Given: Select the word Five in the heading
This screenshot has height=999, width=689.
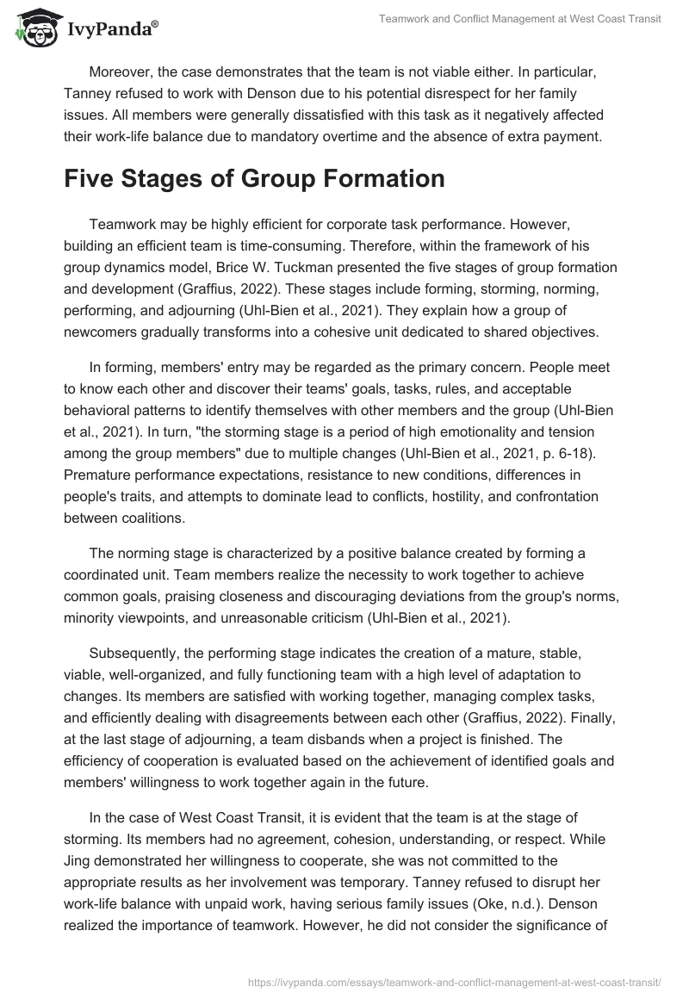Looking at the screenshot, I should click(95, 179).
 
